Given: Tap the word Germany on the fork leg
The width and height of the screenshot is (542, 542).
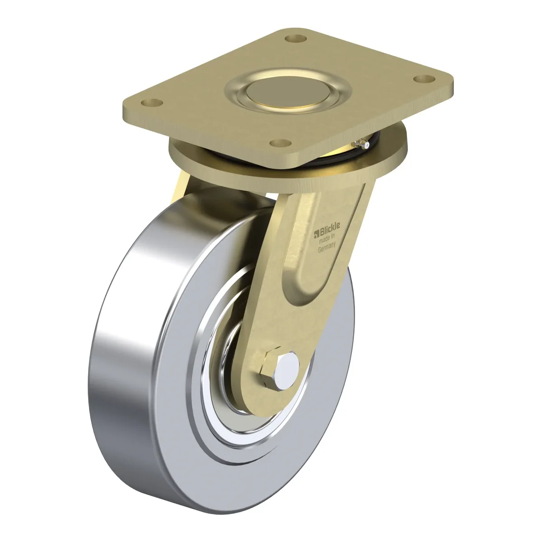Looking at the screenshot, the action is tap(327, 248).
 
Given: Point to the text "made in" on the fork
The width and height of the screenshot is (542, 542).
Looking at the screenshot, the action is tap(327, 238).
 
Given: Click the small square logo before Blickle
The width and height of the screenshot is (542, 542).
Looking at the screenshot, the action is tap(316, 232).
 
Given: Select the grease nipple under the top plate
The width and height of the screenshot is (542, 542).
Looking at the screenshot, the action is tap(362, 144).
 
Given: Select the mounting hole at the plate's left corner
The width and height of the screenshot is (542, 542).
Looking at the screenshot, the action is tap(152, 103).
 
